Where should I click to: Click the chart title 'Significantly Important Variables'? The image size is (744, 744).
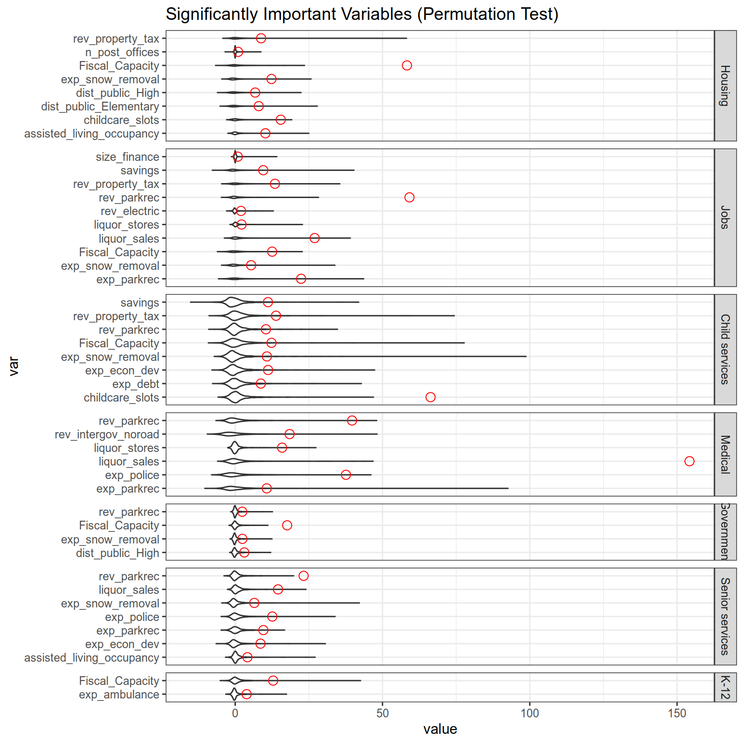coord(362,14)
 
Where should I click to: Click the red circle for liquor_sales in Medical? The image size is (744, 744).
coord(689,461)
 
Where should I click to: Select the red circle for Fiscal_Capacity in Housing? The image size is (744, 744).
coord(407,65)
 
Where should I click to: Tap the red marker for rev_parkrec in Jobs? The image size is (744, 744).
coord(409,197)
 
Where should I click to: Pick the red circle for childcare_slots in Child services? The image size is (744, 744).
coord(430,397)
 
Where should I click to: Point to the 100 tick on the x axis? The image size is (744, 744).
coord(529,713)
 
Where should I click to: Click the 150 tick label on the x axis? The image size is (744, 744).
coord(677,713)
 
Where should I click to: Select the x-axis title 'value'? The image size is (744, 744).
coord(440,729)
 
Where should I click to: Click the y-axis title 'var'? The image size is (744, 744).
coord(14,366)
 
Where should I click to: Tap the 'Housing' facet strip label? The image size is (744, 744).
coord(725,86)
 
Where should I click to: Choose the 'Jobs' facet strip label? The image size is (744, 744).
coord(725,217)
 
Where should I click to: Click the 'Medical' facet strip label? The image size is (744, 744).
coord(725,454)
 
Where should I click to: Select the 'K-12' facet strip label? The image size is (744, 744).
coord(725,687)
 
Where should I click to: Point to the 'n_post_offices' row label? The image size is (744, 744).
coord(122,52)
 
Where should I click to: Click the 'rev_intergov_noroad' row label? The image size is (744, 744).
coord(107,434)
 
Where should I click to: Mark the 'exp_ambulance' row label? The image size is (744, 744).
coord(119,695)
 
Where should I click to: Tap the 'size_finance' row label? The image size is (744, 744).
coord(127,157)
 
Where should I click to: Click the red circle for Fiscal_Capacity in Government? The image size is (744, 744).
coord(287,526)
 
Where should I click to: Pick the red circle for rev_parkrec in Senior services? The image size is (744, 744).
coord(303,576)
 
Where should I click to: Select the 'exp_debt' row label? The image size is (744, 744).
coord(136,384)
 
